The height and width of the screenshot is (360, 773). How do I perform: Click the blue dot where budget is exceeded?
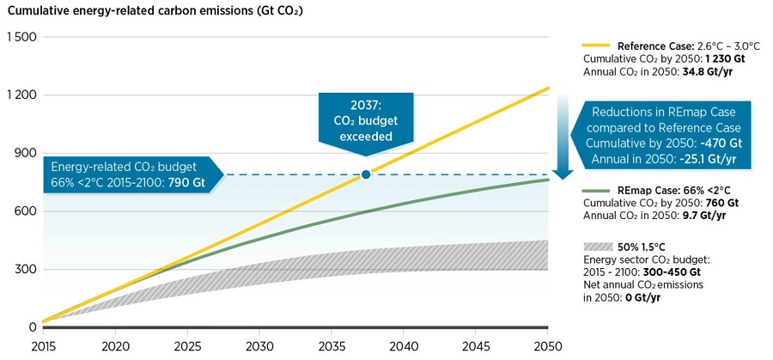[366, 174]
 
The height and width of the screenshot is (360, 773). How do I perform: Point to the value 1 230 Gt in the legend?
[727, 58]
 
